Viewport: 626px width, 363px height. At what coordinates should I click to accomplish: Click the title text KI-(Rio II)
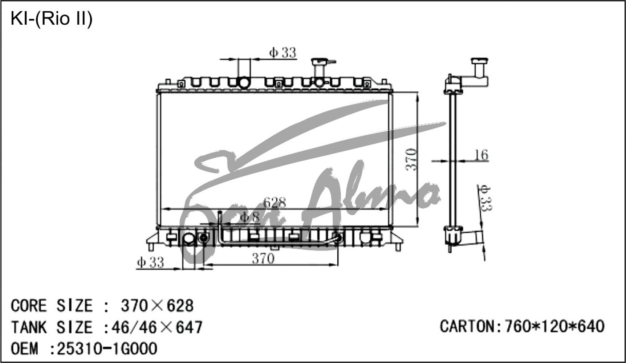pyautogui.click(x=52, y=19)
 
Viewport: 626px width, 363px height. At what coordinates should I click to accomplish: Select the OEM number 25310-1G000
pyautogui.click(x=107, y=348)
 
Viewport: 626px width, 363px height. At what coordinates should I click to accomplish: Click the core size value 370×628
pyautogui.click(x=157, y=306)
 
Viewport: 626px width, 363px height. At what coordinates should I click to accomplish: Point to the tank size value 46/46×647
pyautogui.click(x=157, y=327)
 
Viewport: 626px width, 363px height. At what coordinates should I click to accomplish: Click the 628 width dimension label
pyautogui.click(x=275, y=202)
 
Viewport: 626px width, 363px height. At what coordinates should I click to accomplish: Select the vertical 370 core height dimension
pyautogui.click(x=411, y=159)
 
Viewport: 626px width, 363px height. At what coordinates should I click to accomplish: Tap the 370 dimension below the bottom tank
pyautogui.click(x=263, y=258)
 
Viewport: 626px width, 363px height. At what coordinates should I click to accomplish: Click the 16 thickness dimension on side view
pyautogui.click(x=481, y=155)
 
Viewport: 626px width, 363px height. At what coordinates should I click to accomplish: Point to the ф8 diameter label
pyautogui.click(x=250, y=217)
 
